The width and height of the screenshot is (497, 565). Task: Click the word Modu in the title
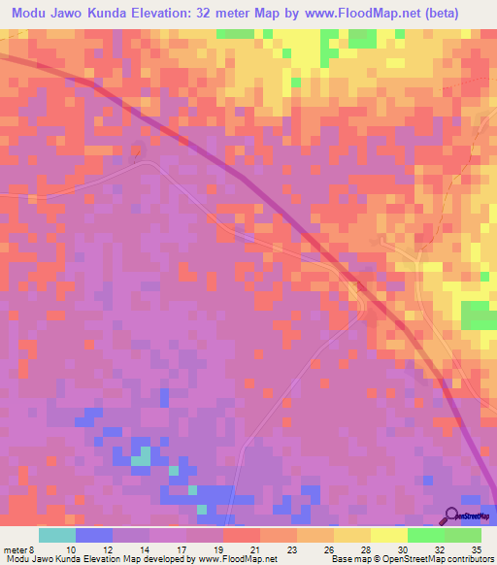tap(32, 14)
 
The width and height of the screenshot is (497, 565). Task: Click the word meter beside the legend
tap(16, 548)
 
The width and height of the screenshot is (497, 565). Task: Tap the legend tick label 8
tap(35, 548)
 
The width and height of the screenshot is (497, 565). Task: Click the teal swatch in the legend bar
tap(57, 535)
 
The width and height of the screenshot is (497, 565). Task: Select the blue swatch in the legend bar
tap(94, 535)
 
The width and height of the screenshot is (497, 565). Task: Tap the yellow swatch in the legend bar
tap(389, 535)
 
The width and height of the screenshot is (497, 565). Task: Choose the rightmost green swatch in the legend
tap(463, 535)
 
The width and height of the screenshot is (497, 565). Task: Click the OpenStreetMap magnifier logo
tap(452, 515)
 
